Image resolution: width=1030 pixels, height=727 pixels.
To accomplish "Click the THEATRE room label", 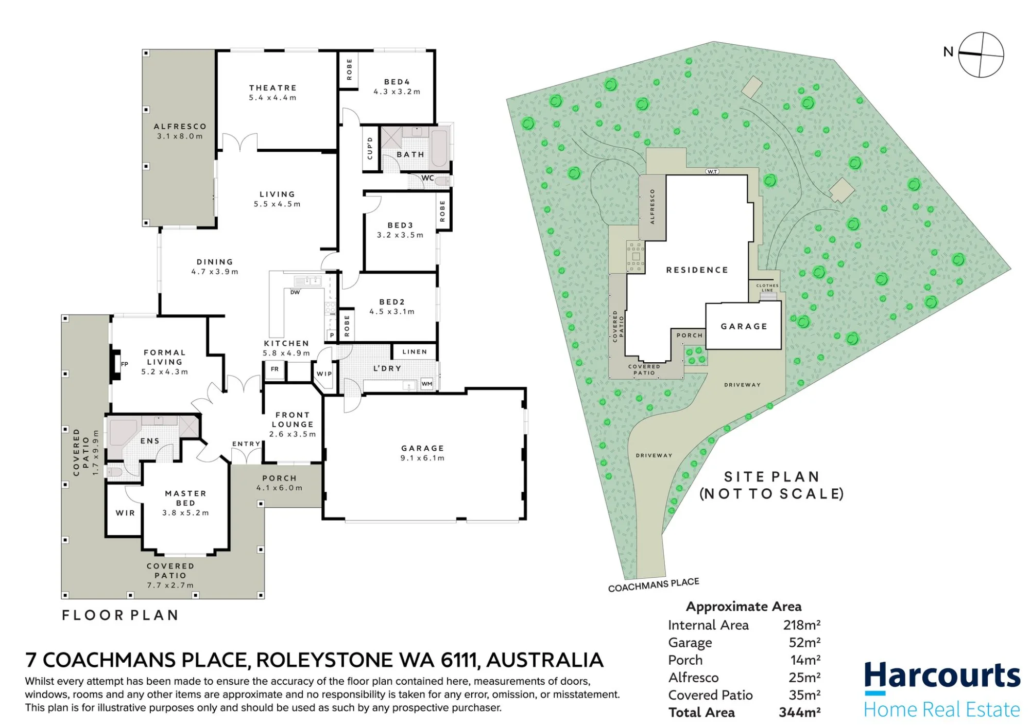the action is point(273,88).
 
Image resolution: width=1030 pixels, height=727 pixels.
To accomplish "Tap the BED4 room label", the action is point(397,82).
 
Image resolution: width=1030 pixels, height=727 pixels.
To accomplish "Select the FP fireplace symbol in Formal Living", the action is point(116,364).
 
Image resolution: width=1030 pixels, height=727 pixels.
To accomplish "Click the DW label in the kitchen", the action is point(295,292).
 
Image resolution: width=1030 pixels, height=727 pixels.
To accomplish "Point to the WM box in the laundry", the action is point(427,384).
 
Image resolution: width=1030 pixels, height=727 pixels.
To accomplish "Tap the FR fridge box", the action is point(274,369).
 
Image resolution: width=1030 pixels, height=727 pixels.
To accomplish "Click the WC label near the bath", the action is point(428,178).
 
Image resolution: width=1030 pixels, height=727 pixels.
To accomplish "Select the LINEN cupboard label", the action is point(415,352).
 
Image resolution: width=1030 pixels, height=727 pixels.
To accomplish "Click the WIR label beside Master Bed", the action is point(125,513).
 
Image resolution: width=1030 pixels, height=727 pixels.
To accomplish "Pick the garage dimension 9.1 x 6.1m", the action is point(423,458).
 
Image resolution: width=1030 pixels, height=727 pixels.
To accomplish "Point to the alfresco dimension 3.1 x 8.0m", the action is point(180,136).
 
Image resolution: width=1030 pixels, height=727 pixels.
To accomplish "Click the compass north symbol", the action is point(981,55).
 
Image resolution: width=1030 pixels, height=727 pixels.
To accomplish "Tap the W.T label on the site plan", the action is point(712,171).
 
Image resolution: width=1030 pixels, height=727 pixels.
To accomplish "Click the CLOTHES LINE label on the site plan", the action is point(767,288).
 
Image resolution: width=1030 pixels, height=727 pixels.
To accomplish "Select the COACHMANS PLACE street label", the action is point(654,585).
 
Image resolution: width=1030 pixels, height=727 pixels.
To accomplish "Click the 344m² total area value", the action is point(800,713).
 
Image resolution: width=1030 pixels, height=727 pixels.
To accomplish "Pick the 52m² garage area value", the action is point(805,643).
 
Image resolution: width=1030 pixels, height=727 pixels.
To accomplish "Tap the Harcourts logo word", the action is point(942,676).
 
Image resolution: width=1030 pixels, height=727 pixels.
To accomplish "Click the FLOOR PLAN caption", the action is point(121,615).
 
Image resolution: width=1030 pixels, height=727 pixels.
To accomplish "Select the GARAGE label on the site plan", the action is point(744,326).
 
